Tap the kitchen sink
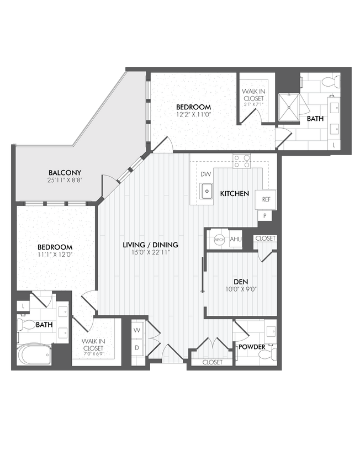[207, 192]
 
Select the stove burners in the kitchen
[241, 161]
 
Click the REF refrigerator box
[266, 199]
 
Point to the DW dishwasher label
[206, 174]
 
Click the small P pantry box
[266, 216]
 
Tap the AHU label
[236, 239]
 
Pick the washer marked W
[137, 330]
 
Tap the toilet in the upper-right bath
[330, 82]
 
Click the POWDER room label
[251, 347]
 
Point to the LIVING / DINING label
[150, 244]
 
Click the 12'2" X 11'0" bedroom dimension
[194, 115]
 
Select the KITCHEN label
[235, 194]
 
